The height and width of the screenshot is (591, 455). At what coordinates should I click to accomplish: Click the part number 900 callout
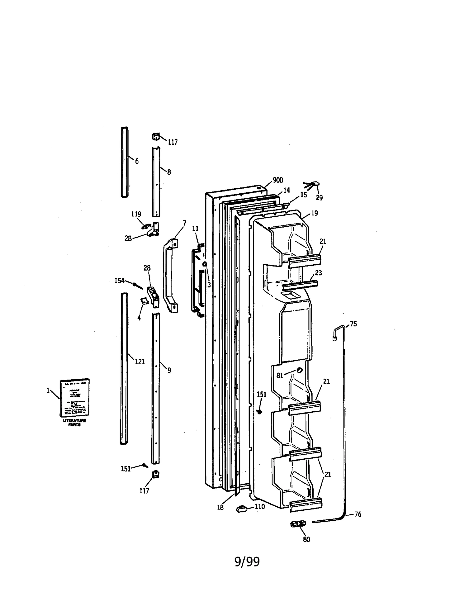278,180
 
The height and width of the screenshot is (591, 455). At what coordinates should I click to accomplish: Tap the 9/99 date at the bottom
247,562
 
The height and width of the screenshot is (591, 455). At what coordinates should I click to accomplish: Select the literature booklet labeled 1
75,398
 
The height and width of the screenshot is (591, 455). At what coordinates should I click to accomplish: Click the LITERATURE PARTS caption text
75,422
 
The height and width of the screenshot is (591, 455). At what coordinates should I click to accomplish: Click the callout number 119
136,214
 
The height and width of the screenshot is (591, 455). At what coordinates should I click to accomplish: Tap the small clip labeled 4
144,301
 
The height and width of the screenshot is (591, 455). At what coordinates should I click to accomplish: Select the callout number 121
140,362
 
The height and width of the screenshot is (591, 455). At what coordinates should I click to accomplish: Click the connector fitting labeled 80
298,524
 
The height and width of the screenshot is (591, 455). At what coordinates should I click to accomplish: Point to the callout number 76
357,514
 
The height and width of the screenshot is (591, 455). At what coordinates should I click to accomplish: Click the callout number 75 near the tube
353,324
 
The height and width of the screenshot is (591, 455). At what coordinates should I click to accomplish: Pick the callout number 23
318,273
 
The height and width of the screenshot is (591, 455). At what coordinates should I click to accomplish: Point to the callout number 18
220,507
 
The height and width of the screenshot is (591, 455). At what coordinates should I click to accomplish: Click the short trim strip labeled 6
125,162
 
